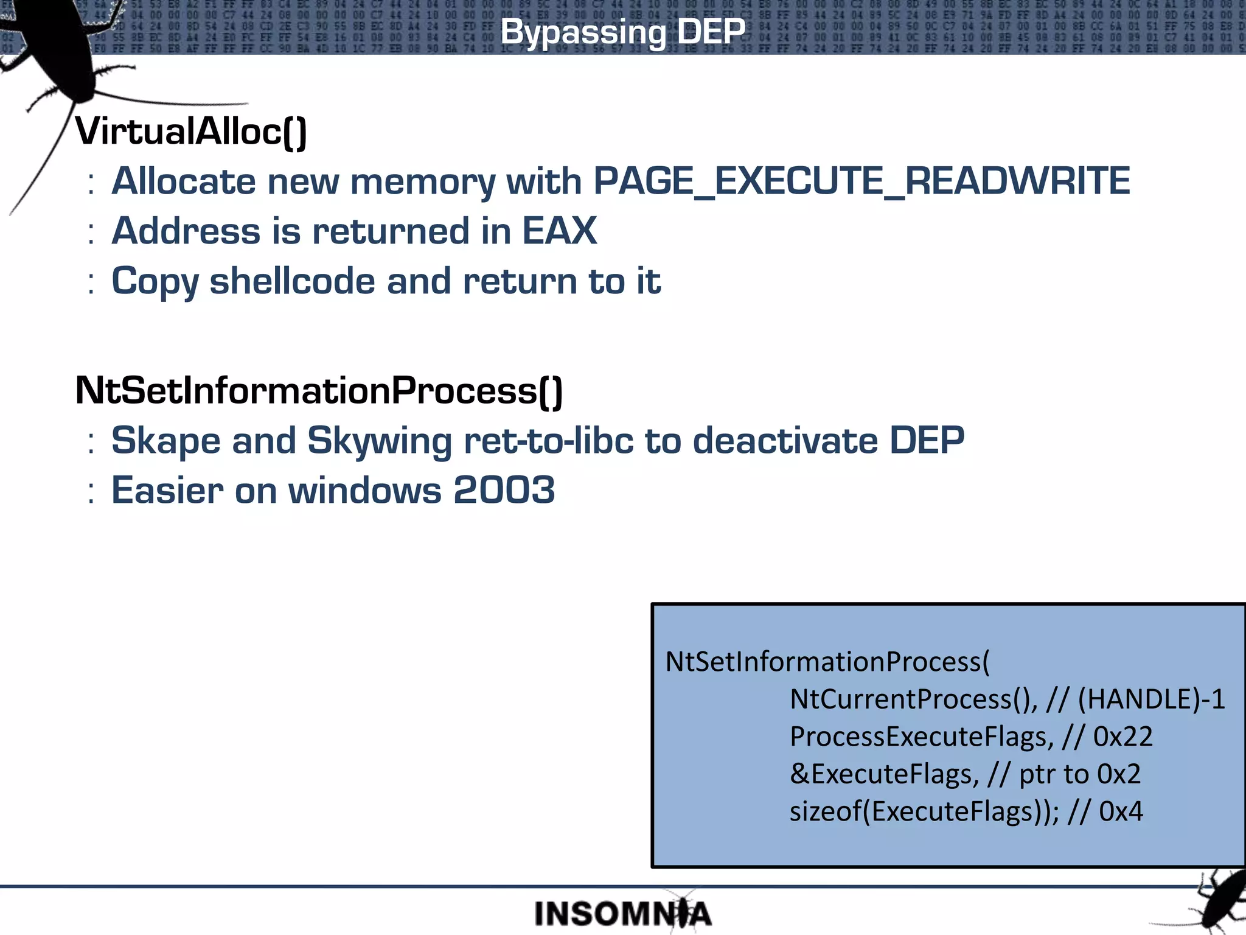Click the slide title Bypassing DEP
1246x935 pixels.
(x=622, y=32)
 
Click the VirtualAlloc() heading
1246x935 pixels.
(x=191, y=131)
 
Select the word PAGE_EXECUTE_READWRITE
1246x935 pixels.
(x=861, y=181)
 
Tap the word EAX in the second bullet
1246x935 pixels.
(x=559, y=231)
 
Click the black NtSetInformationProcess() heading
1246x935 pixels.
(x=319, y=390)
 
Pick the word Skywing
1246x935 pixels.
(x=380, y=441)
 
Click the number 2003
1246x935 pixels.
(x=504, y=490)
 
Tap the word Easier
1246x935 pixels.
(x=167, y=490)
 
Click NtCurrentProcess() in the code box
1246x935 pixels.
(x=913, y=699)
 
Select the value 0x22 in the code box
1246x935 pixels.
(x=1122, y=737)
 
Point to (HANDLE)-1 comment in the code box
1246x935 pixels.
(x=1151, y=699)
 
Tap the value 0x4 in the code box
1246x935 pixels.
(x=1121, y=811)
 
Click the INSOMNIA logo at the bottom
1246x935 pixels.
(x=622, y=914)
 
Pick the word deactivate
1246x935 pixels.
(x=785, y=441)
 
